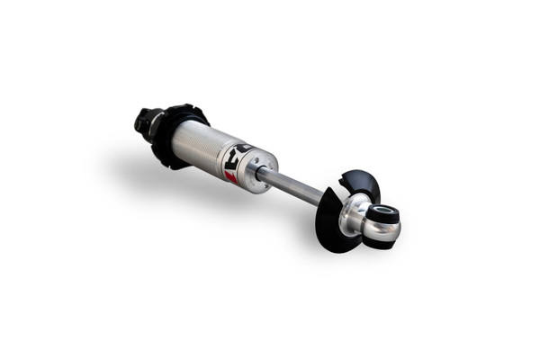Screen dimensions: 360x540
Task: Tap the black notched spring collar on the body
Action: point(171,135)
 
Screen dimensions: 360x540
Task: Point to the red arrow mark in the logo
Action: point(231,175)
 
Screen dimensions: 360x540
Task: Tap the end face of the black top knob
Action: point(139,118)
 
